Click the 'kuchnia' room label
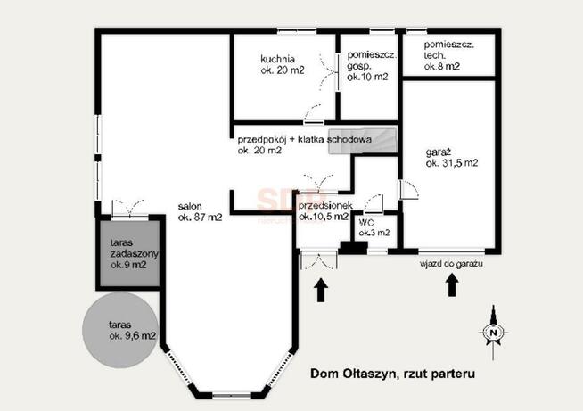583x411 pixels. [278, 59]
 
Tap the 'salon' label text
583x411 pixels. [190, 207]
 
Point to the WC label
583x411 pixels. [366, 223]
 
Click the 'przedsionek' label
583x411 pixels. [325, 206]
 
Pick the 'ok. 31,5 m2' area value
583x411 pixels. [452, 163]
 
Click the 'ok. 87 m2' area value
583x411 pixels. [200, 218]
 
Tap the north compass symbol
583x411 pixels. [493, 333]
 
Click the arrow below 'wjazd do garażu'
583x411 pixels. [452, 285]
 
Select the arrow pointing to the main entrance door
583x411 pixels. [321, 290]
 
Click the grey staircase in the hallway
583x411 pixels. [362, 141]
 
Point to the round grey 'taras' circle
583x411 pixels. [120, 330]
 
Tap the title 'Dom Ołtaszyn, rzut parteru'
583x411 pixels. [392, 374]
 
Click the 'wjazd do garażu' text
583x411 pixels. [451, 264]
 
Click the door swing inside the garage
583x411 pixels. [409, 190]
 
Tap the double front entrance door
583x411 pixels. [318, 260]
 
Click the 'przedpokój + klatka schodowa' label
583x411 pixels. [305, 140]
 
